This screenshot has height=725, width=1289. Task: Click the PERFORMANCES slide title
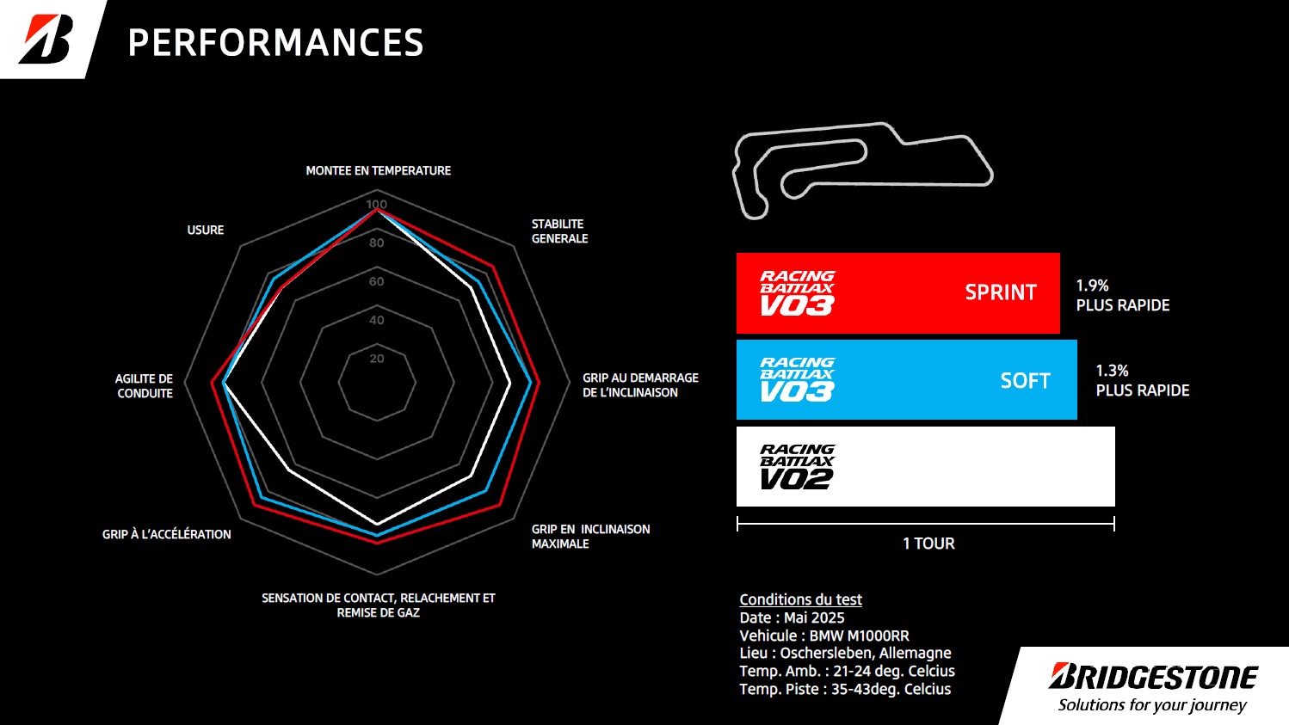275,42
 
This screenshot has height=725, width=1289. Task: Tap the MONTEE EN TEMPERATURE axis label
378,171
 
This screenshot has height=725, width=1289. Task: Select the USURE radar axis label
206,230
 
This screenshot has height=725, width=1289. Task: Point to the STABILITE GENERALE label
559,231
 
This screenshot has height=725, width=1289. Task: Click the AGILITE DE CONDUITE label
144,386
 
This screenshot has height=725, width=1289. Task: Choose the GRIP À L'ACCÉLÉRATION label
166,534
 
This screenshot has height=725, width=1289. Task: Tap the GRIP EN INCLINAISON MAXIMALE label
590,537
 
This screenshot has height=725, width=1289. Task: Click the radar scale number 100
376,204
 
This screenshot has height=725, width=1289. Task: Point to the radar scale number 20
376,359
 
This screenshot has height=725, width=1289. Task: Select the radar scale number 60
376,281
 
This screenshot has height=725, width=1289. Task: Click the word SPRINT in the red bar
1001,292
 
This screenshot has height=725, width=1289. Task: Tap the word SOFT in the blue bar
1026,381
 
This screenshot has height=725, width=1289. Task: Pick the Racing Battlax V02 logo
797,467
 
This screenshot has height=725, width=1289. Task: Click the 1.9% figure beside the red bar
1092,286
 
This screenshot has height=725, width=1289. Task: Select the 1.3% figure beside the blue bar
1112,371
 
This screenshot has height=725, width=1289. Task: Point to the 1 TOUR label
928,544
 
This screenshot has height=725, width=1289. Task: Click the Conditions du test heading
800,599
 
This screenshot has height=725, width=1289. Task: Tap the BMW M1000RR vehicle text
859,636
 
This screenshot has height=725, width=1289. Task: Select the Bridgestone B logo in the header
46,39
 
